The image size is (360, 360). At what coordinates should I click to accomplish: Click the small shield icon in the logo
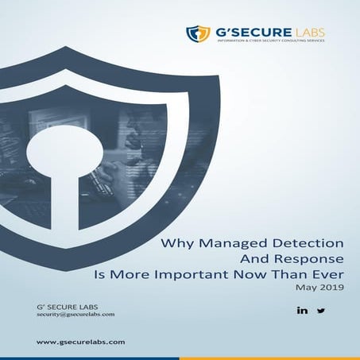click(x=196, y=33)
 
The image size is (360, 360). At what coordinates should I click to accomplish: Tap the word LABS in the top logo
click(x=309, y=31)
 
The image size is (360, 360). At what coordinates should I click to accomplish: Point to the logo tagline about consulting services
click(x=269, y=42)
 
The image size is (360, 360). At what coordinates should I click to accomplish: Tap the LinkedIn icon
click(x=302, y=310)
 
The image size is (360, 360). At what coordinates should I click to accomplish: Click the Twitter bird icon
click(x=321, y=310)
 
